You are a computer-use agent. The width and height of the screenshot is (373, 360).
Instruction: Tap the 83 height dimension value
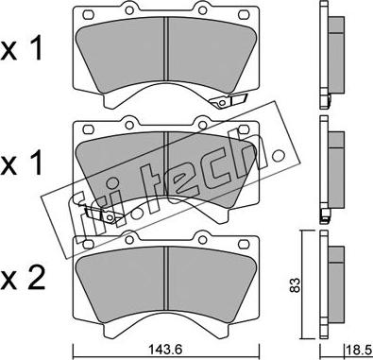[x=295, y=285]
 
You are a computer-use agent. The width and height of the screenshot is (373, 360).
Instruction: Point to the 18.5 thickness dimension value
[x=359, y=350]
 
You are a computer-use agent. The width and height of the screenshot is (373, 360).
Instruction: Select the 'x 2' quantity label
[x=23, y=278]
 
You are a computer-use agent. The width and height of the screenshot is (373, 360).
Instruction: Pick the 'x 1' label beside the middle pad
[x=22, y=163]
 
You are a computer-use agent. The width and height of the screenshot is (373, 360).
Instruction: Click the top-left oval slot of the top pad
[x=88, y=14]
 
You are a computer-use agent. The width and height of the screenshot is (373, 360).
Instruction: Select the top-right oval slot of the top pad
[x=244, y=14]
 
